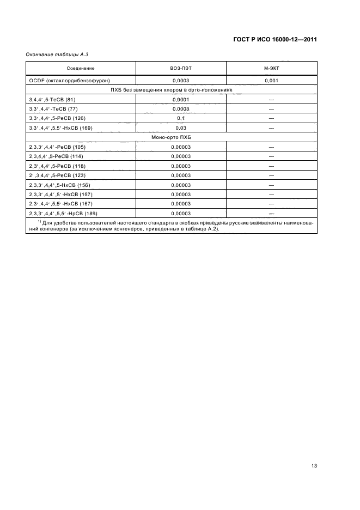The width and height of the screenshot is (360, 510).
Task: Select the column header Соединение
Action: [x=81, y=69]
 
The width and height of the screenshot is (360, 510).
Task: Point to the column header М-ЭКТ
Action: [x=271, y=69]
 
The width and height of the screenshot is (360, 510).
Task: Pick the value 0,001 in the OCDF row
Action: [x=271, y=81]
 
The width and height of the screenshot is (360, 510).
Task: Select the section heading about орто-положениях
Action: [x=172, y=90]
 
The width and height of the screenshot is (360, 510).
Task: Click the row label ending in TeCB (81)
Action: [x=51, y=100]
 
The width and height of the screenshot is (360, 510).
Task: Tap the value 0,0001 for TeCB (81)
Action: [x=180, y=100]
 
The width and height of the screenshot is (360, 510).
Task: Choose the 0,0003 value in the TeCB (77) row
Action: [x=180, y=109]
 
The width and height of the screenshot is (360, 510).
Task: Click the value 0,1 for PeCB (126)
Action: [x=180, y=118]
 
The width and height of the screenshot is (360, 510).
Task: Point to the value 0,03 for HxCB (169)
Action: [x=180, y=128]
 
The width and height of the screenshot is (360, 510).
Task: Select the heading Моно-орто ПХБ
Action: [x=172, y=137]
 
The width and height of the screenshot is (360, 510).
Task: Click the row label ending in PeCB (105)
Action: [x=57, y=147]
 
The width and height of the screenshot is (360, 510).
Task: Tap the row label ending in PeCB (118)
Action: [x=57, y=166]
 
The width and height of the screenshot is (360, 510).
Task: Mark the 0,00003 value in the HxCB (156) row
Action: [x=180, y=185]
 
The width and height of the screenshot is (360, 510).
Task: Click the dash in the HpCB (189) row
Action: [x=271, y=214]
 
